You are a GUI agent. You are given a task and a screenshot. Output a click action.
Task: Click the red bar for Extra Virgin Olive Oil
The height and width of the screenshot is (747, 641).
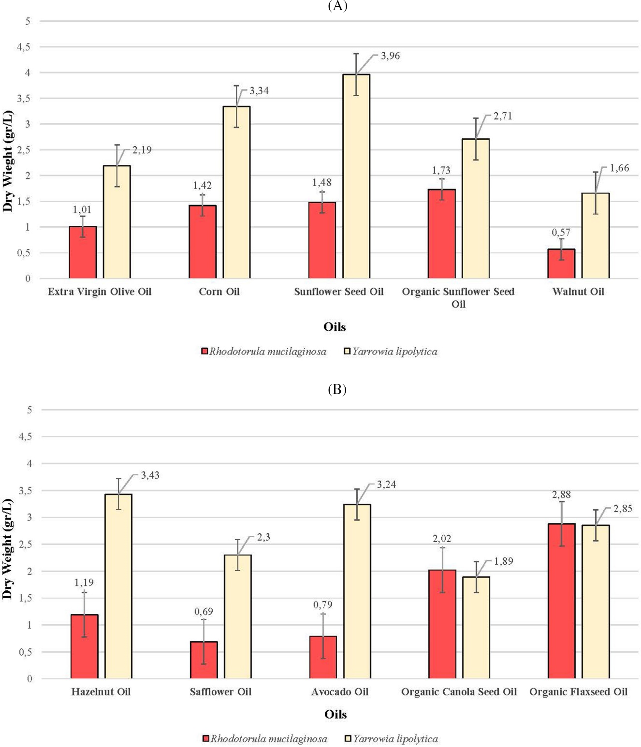point(83,252)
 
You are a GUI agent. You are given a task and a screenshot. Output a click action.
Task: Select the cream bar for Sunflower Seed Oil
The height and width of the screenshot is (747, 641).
point(356,176)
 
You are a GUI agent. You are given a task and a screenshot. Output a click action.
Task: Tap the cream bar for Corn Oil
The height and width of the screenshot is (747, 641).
point(236,192)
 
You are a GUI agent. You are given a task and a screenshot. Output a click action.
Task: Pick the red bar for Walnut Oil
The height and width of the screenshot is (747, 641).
point(561,264)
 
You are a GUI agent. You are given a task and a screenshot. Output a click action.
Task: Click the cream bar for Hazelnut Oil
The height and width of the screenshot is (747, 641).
point(118,586)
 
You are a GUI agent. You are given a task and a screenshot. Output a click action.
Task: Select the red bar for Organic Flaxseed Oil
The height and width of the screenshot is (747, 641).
point(562,601)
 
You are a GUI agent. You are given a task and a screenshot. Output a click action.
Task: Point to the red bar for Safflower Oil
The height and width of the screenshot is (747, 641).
point(204,660)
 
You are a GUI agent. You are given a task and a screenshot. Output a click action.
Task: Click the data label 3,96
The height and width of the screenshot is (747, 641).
point(390,56)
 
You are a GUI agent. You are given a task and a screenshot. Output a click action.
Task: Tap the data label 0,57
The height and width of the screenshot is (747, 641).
point(561,233)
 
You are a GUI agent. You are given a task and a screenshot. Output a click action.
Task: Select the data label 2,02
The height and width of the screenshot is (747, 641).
point(442,539)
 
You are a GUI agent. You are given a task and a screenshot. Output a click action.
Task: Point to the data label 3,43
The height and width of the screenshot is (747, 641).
point(150,475)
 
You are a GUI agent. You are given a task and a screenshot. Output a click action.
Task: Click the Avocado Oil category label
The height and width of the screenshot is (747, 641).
point(340,692)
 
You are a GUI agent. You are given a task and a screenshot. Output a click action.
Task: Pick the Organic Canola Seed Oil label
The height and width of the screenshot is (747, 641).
point(459,692)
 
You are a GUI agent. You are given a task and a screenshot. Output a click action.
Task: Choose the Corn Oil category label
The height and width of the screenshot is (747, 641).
point(219,292)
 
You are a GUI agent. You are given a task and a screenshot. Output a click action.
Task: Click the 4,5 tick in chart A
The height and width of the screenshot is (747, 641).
point(23,47)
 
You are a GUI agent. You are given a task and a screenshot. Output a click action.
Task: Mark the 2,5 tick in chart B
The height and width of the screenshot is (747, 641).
point(25,544)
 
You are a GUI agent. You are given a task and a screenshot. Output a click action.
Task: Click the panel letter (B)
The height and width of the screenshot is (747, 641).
point(337,389)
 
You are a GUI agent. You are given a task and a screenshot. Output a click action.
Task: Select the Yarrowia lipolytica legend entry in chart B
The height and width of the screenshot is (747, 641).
point(392,739)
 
